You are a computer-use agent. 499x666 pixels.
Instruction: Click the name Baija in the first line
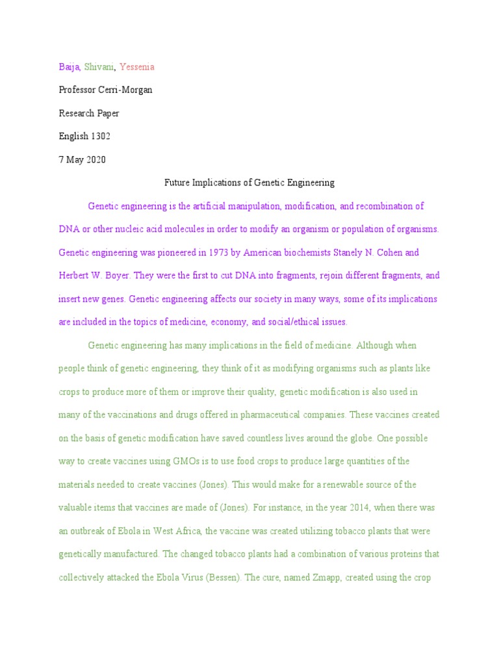[69, 67]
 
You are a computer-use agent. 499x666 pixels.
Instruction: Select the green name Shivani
[99, 67]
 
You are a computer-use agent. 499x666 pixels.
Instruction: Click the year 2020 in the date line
[95, 160]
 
